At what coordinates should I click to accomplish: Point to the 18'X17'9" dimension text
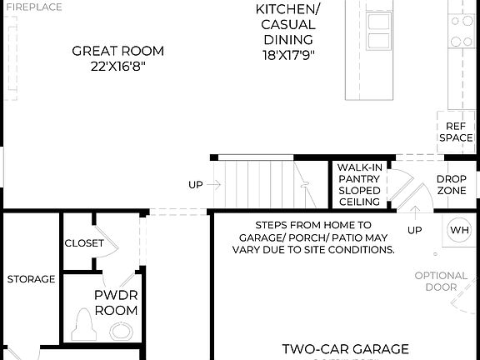[287, 55]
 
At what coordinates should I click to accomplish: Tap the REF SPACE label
[456, 132]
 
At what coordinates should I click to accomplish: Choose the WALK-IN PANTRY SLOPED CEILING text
[359, 185]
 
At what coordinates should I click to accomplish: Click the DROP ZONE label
[452, 185]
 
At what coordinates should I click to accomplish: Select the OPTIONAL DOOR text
[441, 281]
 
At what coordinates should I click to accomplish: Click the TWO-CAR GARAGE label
[345, 348]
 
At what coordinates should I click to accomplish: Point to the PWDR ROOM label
[115, 302]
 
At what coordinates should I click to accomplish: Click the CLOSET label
[84, 243]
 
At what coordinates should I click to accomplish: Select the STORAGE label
[31, 279]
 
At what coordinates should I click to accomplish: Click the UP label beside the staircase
[196, 185]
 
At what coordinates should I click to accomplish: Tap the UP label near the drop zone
[414, 229]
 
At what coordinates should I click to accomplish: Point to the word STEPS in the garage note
[272, 225]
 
